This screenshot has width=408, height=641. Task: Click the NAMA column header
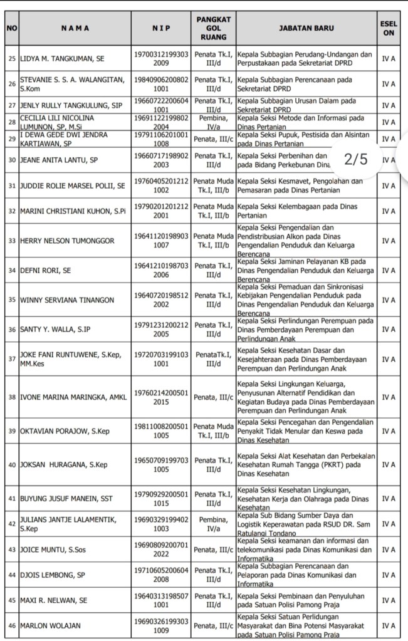[x=75, y=28]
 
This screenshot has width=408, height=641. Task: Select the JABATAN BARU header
[x=306, y=28]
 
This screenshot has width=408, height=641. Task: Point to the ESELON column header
[x=389, y=28]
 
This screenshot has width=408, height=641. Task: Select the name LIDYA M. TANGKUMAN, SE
[x=62, y=59]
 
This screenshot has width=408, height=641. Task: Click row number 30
[x=11, y=160]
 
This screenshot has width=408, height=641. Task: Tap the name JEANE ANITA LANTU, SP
[x=59, y=160]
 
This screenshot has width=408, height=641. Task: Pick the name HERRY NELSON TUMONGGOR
[x=67, y=241]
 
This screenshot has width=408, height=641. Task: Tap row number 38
[x=11, y=397]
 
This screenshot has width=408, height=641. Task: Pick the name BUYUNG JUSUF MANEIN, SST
[x=66, y=498]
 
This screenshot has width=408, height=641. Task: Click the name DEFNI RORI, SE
[x=45, y=270]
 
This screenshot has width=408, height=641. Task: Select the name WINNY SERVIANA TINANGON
[x=67, y=300]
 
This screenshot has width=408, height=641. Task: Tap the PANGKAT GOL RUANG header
[x=213, y=28]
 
